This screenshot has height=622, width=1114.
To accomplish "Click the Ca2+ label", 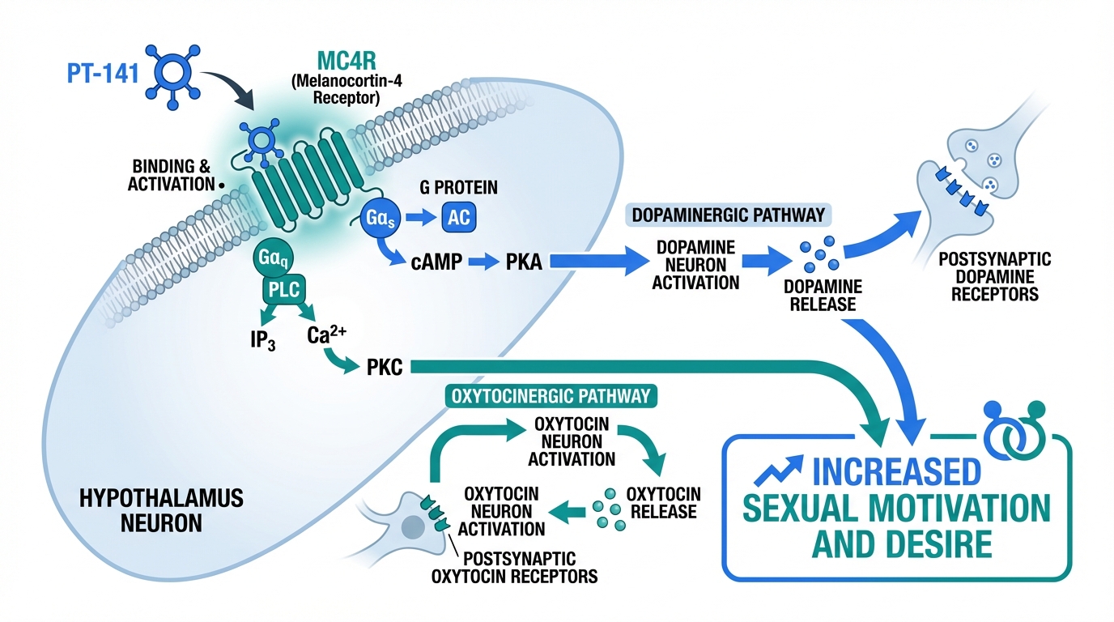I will [328, 334].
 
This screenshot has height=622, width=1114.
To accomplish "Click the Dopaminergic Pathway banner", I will [729, 215].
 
